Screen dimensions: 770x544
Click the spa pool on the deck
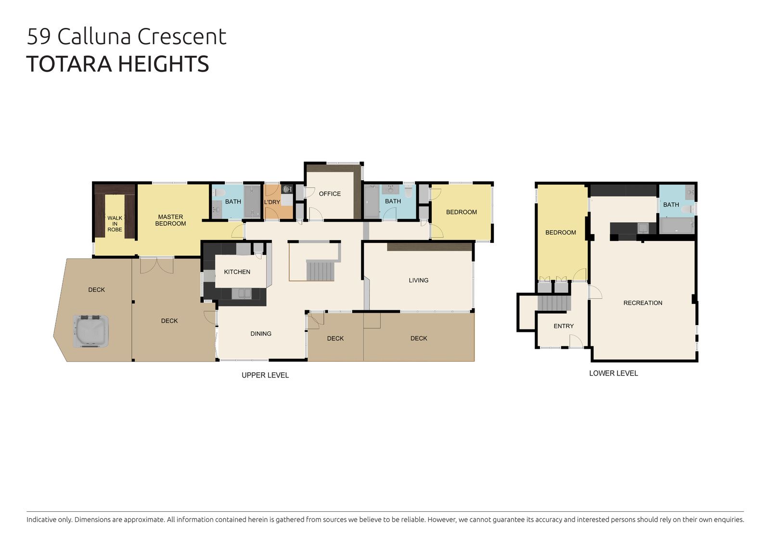[x=91, y=331]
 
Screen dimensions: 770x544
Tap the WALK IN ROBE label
[x=115, y=224]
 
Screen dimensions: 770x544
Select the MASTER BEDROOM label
[x=170, y=220]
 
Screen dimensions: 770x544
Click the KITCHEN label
[x=237, y=272]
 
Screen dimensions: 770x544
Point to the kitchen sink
[x=241, y=294]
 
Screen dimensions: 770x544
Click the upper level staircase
[x=320, y=271]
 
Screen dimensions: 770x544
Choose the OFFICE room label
[x=330, y=194]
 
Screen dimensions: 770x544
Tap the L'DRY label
[x=272, y=202]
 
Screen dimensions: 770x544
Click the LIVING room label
[x=419, y=280]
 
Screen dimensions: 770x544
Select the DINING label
[x=261, y=334]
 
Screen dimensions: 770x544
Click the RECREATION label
[x=643, y=303]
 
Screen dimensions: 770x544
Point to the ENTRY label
[x=564, y=326]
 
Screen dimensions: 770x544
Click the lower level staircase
[x=554, y=303]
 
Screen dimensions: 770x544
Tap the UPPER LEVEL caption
[x=265, y=375]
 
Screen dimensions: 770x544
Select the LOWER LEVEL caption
[x=614, y=373]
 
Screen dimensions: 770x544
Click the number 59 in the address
[x=39, y=37]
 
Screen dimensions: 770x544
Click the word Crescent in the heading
[x=182, y=37]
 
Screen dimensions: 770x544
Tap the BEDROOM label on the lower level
[x=561, y=233]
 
